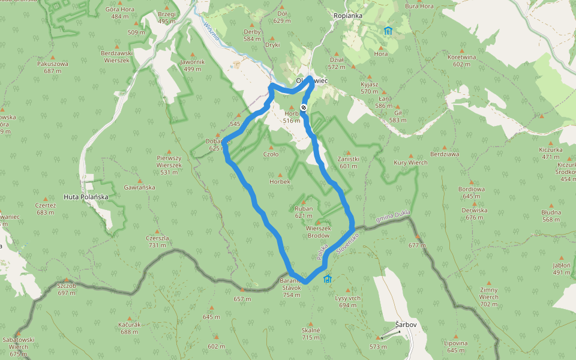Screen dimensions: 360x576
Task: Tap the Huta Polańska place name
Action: point(86,196)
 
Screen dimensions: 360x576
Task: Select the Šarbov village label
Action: point(406,325)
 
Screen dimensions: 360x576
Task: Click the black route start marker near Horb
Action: point(304,108)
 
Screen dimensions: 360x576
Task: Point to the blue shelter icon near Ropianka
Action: point(388,31)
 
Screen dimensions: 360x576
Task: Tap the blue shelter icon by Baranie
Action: point(328,279)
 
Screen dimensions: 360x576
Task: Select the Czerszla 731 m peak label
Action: point(157,241)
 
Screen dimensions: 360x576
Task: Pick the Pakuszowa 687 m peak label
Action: point(53,67)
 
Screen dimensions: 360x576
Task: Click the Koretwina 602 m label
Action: point(461,61)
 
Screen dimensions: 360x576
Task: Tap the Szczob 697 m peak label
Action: point(67,289)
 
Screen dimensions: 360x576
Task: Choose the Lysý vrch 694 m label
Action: point(347,302)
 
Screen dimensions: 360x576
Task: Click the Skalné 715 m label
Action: point(311,334)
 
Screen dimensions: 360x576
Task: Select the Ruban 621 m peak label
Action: point(304,212)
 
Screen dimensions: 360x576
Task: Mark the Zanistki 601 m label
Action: point(348,163)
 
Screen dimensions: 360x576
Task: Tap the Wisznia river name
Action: point(212,33)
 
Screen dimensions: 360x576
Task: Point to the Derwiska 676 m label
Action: point(474,214)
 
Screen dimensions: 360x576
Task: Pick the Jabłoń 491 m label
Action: point(562,268)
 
